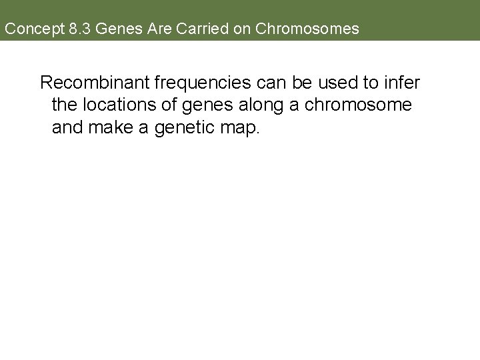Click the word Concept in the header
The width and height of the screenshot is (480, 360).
[x=29, y=29]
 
